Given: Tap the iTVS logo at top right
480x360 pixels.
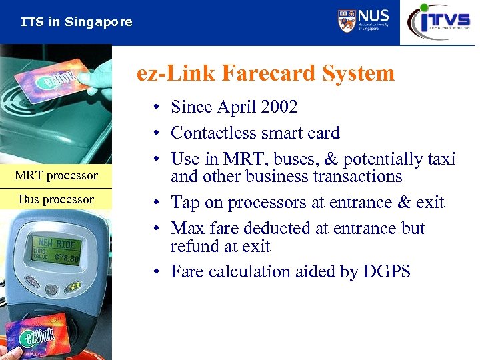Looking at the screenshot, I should coord(439,22).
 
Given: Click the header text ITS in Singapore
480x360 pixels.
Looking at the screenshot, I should coord(77,22).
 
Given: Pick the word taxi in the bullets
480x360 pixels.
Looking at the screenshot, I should coord(439,159).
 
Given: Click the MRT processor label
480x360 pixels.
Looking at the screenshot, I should coord(56,175).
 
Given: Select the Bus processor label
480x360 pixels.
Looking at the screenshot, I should coord(56,199).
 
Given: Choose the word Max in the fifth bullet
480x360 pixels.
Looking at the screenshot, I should coord(187,228).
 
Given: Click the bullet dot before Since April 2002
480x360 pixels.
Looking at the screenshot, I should coord(154,107).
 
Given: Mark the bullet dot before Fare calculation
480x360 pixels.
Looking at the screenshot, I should coord(154,272).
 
